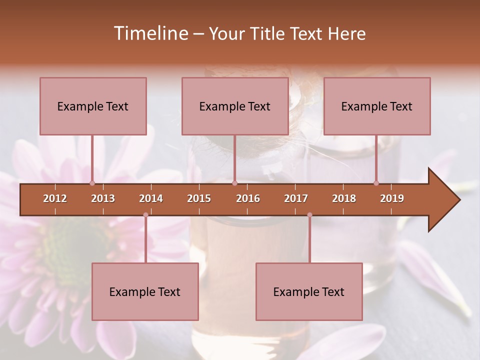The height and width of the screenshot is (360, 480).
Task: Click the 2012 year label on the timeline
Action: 55,198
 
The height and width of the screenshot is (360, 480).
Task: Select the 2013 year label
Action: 103,198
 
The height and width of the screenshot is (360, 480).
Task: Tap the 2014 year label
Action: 151,198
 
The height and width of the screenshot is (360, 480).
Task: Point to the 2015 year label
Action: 199,198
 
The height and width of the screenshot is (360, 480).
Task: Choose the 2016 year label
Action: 248,198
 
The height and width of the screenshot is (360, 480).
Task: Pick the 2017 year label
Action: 296,198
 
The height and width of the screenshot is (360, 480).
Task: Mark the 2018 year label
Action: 344,198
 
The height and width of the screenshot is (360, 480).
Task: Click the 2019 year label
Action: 392,198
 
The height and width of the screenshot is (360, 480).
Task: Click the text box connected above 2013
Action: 93,106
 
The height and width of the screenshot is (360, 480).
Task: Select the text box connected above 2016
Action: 235,106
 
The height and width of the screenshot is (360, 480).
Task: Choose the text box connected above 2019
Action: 377,106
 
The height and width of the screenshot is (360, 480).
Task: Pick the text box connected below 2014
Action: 145,291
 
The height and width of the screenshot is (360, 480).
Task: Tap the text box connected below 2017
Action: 309,291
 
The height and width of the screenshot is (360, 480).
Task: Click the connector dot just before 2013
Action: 92,183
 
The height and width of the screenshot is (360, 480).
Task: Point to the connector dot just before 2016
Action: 234,183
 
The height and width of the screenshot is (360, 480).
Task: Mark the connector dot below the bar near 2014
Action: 145,215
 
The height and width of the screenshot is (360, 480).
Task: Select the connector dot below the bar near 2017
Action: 309,215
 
